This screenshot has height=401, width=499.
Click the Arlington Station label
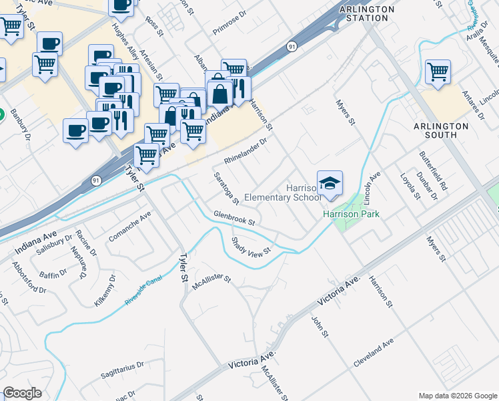[x=364, y=13]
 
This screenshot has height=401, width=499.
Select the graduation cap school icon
[x=330, y=182]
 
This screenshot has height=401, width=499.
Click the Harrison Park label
[x=351, y=215]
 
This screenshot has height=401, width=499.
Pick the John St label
[x=318, y=326]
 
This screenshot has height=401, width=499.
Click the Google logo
[x=22, y=393]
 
